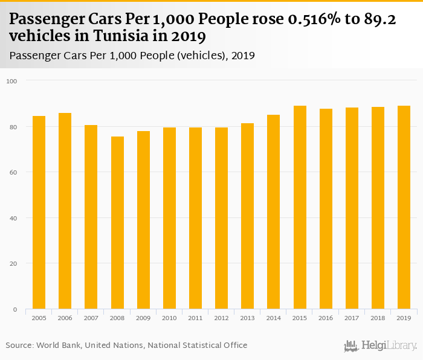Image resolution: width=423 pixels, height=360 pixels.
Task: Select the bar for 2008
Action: click(x=117, y=223)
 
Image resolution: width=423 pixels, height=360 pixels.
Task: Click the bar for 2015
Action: click(x=300, y=207)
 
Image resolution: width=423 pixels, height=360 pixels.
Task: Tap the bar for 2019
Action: click(x=404, y=207)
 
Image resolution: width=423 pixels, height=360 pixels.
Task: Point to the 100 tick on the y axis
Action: click(x=12, y=81)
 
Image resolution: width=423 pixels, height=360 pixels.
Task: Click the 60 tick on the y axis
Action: click(x=13, y=172)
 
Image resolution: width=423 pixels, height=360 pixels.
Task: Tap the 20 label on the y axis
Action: click(x=13, y=263)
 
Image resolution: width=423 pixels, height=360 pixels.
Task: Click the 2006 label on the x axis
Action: click(x=65, y=317)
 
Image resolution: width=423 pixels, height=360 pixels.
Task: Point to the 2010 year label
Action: click(x=169, y=317)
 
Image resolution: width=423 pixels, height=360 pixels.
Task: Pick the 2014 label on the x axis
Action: click(x=274, y=317)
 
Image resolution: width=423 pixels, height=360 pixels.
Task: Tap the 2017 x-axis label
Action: click(x=352, y=317)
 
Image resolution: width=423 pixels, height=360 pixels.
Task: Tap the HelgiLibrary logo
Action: click(x=381, y=346)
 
